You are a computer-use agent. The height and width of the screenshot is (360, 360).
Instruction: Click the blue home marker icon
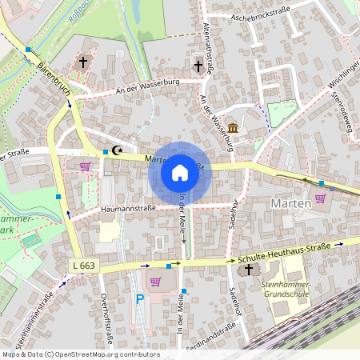[x=180, y=172]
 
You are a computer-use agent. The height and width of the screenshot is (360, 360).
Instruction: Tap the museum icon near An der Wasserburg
[x=233, y=129]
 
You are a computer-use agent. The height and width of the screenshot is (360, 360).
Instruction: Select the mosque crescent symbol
[x=118, y=150]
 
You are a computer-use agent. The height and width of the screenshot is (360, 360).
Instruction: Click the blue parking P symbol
[x=140, y=300]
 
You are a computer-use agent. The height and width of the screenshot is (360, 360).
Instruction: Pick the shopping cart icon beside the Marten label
[x=320, y=198]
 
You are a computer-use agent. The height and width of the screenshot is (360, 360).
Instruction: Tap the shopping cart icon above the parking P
[x=155, y=282]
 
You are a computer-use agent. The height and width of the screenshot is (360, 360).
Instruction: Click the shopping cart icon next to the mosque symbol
[x=85, y=166]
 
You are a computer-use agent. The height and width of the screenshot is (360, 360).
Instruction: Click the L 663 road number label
[x=82, y=265]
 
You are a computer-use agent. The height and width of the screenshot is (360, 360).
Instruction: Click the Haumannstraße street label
[x=128, y=210]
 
